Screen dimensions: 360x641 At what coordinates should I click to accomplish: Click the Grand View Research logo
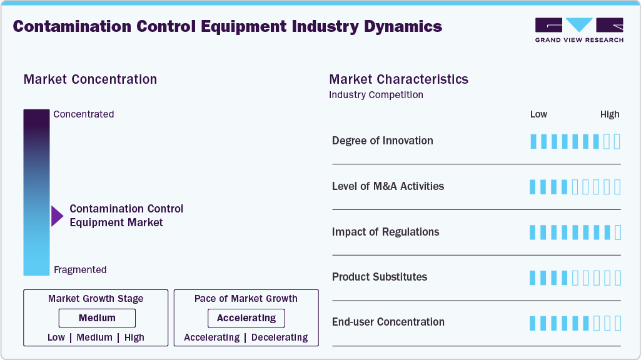tap(579, 29)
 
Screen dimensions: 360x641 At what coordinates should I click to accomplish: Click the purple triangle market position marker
tap(57, 216)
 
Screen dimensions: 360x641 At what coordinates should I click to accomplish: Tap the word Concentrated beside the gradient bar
tap(84, 114)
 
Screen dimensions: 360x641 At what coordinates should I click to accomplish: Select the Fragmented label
tap(80, 270)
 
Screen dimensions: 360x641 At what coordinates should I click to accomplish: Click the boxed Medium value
tap(97, 318)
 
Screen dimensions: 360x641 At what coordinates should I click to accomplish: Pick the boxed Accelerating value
tap(246, 318)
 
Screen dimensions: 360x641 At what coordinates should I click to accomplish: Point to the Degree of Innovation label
tap(383, 141)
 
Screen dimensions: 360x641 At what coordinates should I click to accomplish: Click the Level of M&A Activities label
tap(388, 186)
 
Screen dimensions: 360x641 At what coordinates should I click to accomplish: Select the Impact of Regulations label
tap(385, 232)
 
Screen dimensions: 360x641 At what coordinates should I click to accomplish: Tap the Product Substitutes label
tap(380, 277)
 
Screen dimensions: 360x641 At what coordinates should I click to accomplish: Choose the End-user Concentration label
tap(388, 322)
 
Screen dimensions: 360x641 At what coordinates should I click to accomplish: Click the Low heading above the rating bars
tap(538, 114)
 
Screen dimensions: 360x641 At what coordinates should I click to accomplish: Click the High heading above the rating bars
tap(610, 114)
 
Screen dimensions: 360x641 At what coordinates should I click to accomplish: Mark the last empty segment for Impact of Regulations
tap(618, 232)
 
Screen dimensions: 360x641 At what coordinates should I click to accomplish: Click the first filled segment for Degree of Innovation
tap(533, 141)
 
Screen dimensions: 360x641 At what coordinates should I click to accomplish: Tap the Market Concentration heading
tap(90, 79)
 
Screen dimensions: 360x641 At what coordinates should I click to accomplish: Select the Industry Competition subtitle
tap(376, 95)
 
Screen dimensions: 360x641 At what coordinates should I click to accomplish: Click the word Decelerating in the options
tap(279, 337)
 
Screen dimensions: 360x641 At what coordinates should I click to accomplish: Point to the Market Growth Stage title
tap(96, 299)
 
